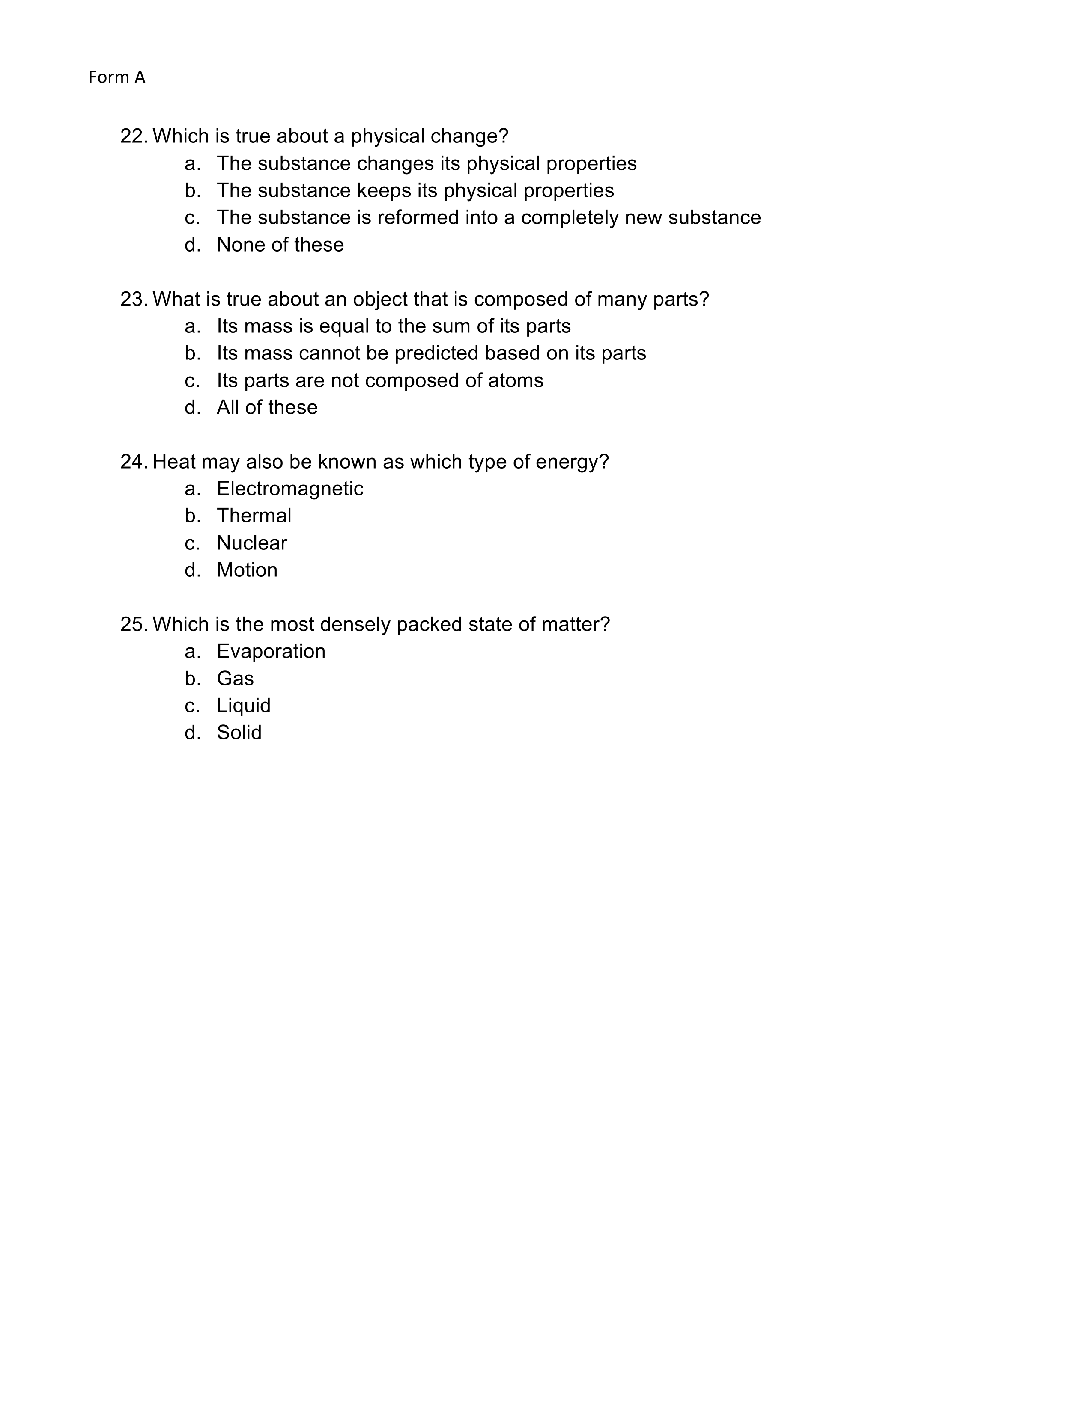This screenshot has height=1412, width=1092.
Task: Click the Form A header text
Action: [x=116, y=77]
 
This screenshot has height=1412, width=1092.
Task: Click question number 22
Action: [x=134, y=136]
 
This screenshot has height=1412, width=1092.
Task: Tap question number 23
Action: [x=134, y=300]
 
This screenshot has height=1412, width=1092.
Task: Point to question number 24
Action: [x=134, y=462]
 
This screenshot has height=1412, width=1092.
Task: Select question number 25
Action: [x=134, y=625]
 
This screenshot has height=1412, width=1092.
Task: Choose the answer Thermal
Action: [x=254, y=516]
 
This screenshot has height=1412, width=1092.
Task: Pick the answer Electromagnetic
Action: [x=290, y=489]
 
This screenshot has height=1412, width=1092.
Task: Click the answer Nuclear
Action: [x=252, y=543]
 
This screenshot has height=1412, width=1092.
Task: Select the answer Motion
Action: [x=247, y=570]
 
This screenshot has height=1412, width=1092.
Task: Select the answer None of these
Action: [x=280, y=245]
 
